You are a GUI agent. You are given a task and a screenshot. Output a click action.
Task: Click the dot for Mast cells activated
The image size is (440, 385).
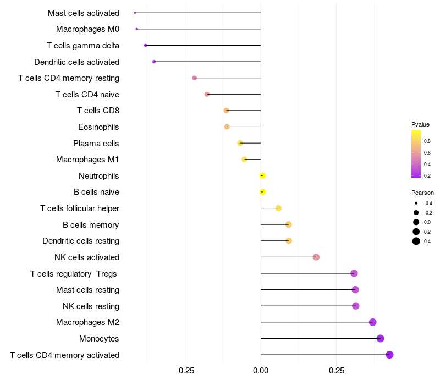(x=135, y=13)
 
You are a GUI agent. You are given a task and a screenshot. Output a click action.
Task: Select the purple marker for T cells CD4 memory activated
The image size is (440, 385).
(x=389, y=355)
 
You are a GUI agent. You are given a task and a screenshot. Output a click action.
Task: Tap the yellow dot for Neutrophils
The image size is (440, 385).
(x=262, y=175)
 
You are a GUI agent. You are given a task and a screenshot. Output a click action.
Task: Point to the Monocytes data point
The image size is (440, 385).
(x=380, y=338)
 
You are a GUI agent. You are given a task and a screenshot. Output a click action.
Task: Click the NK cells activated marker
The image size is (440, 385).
(x=316, y=257)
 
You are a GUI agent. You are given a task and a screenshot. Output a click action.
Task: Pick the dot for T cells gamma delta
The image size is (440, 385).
(x=145, y=45)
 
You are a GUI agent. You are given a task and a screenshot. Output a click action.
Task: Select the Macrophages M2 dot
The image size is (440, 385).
(x=373, y=322)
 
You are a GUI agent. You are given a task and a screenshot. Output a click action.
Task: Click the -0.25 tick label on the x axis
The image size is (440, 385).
(x=185, y=371)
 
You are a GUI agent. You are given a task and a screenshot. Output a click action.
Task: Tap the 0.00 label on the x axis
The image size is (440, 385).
(x=261, y=371)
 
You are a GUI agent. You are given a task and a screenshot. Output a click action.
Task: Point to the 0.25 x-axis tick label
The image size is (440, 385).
(x=337, y=371)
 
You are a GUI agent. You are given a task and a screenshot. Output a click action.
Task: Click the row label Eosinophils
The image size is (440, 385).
(x=98, y=127)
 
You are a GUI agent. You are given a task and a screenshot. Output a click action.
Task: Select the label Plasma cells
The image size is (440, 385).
(x=96, y=144)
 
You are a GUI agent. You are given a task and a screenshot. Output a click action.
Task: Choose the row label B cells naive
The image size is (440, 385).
(x=97, y=192)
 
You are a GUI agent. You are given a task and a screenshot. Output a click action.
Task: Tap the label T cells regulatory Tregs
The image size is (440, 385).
(x=74, y=273)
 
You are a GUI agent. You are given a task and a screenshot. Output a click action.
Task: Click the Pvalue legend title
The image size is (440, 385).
(x=420, y=124)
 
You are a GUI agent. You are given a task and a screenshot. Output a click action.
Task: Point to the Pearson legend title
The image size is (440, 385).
(x=422, y=193)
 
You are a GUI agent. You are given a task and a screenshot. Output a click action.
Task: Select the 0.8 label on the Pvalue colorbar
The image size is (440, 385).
(x=427, y=141)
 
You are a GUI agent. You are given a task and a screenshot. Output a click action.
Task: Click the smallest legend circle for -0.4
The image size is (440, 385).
(x=416, y=203)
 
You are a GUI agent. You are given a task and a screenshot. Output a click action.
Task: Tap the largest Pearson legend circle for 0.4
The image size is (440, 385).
(x=416, y=241)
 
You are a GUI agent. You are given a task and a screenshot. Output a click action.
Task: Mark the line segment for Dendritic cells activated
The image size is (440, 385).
(x=207, y=62)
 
